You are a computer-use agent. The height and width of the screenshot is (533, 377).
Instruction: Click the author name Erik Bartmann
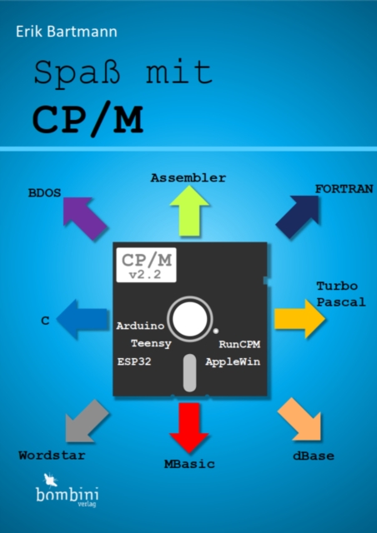pyautogui.click(x=67, y=32)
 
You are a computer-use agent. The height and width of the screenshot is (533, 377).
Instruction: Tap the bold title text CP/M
pyautogui.click(x=88, y=119)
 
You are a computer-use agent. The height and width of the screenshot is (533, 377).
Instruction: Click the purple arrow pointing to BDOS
pyautogui.click(x=84, y=218)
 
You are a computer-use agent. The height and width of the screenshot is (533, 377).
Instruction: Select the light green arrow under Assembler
pyautogui.click(x=189, y=211)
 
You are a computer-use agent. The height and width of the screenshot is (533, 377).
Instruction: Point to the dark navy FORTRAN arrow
pyautogui.click(x=298, y=217)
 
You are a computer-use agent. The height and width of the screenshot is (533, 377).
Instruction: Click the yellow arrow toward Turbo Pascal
pyautogui.click(x=299, y=319)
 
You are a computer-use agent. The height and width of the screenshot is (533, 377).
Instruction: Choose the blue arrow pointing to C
pyautogui.click(x=83, y=319)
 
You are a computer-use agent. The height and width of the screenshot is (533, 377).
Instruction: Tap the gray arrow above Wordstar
pyautogui.click(x=86, y=421)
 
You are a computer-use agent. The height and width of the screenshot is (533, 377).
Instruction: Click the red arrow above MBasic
pyautogui.click(x=189, y=427)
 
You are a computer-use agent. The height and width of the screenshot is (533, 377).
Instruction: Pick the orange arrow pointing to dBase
pyautogui.click(x=300, y=420)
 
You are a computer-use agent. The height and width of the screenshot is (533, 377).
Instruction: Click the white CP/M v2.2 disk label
pyautogui.click(x=146, y=265)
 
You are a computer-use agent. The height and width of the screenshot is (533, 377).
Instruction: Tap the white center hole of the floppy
pyautogui.click(x=189, y=319)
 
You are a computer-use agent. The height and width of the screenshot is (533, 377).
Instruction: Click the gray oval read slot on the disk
pyautogui.click(x=189, y=373)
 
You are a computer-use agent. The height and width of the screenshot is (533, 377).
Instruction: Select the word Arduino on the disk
pyautogui.click(x=140, y=326)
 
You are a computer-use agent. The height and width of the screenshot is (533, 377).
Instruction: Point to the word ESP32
pyautogui.click(x=134, y=361)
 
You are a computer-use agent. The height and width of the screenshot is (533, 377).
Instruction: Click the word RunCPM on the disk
pyautogui.click(x=239, y=344)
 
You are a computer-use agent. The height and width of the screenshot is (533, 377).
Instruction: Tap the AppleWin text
pyautogui.click(x=233, y=361)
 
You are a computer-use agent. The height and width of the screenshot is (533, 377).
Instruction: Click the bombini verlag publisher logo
pyautogui.click(x=67, y=490)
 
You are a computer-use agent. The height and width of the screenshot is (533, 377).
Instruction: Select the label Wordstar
pyautogui.click(x=52, y=456)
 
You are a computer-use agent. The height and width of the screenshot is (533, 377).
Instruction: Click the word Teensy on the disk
pyautogui.click(x=151, y=344)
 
